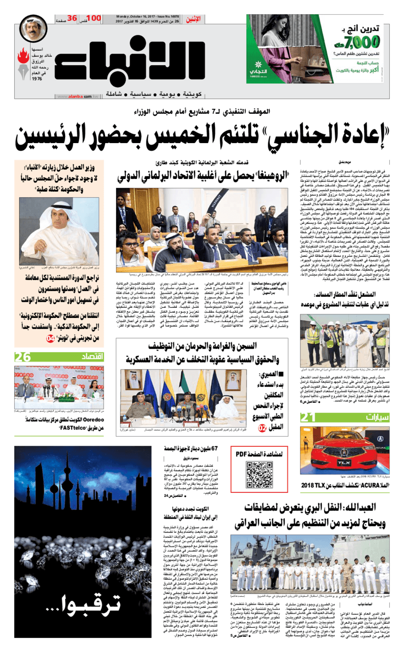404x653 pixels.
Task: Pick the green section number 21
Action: (x=309, y=417)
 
